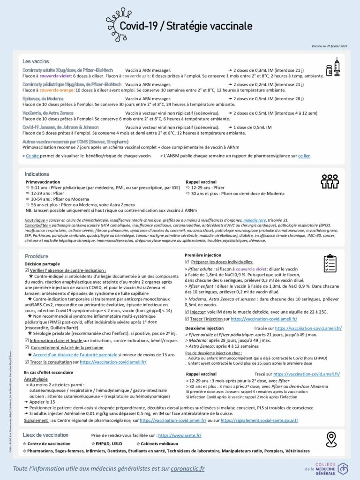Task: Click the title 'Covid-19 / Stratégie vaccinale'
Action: (x=186, y=26)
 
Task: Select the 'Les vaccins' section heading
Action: (x=36, y=61)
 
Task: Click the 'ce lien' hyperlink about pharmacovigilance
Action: (x=304, y=156)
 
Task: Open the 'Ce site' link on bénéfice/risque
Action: (x=32, y=156)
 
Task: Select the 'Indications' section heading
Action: (x=37, y=174)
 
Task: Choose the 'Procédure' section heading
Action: (x=37, y=256)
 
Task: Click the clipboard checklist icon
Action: (x=330, y=264)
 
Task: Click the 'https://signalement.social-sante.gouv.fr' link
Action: (x=259, y=420)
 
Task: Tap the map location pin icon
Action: (x=332, y=439)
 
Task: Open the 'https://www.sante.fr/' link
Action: (x=180, y=435)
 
